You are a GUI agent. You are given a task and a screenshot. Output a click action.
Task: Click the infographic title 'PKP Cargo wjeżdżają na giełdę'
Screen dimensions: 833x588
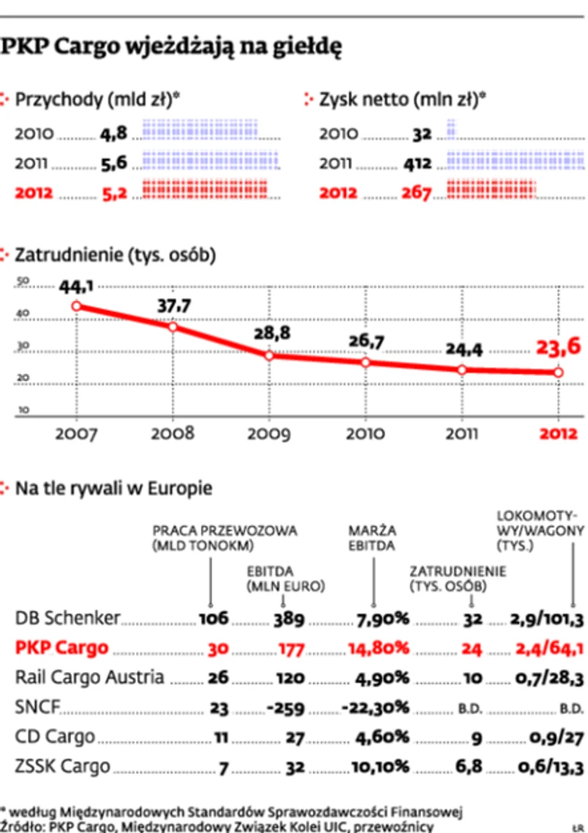172,47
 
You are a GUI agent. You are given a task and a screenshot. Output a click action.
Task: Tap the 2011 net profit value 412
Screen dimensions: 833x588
418,164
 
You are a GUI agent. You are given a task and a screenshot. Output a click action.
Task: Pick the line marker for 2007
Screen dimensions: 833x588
76,306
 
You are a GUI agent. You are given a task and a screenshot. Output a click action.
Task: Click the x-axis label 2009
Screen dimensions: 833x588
269,433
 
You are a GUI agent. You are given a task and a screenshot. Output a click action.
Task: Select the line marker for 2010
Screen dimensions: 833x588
364,362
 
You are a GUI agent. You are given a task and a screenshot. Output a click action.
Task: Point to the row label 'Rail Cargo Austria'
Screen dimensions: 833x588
90,677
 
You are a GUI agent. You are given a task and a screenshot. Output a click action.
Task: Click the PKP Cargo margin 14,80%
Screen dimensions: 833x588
381,647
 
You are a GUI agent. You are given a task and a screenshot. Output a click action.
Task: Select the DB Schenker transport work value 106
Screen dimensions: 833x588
214,619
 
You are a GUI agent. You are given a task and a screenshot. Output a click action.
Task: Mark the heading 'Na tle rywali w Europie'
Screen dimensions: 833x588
113,488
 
